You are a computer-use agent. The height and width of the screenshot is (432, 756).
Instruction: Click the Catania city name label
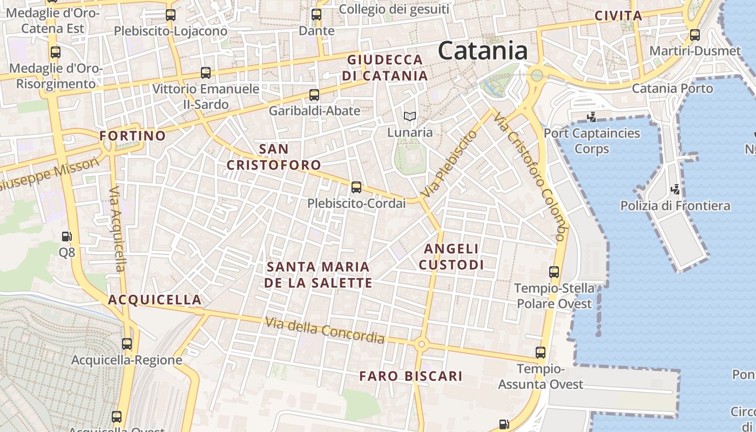point(482,51)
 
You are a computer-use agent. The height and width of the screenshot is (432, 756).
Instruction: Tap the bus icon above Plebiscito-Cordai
point(356,187)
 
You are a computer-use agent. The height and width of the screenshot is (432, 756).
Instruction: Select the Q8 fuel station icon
point(66,237)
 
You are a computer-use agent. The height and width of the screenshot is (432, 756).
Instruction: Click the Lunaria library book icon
point(410,116)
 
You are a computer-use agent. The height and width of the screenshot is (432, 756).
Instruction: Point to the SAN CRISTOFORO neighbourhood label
point(273,157)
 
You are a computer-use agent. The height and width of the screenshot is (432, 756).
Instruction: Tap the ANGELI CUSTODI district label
point(451,256)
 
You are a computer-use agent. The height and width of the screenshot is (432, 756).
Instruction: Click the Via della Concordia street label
point(325,330)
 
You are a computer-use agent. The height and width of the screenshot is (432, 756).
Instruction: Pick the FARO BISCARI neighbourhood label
point(411,376)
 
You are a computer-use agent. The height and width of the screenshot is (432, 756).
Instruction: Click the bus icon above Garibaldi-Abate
point(314,95)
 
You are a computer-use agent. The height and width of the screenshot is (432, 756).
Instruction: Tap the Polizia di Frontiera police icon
point(675,190)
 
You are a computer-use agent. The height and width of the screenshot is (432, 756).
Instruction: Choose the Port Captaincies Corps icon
point(592,117)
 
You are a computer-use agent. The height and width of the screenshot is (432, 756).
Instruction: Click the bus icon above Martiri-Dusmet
point(694,35)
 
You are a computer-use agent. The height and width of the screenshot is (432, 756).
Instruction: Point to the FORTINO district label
point(132,136)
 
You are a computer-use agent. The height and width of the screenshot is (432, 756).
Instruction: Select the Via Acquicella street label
point(117,229)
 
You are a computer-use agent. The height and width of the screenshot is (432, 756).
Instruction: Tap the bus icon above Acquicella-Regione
point(127,343)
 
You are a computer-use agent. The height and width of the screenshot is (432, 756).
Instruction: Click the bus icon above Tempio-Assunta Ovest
point(541,353)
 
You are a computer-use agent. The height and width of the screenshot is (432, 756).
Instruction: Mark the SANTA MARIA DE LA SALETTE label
point(319,274)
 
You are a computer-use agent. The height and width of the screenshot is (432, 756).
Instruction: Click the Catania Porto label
point(672,88)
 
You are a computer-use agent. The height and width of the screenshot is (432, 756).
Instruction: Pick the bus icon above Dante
point(316,15)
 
